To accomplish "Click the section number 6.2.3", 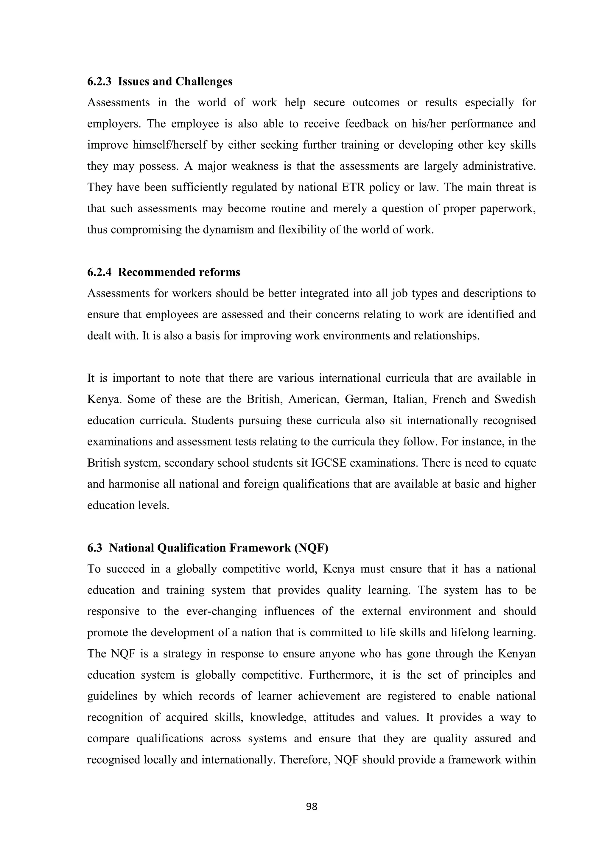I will (x=99, y=82).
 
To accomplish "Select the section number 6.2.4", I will (x=99, y=272).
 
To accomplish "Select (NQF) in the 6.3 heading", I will (x=311, y=548).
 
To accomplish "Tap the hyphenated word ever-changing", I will (x=221, y=611).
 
